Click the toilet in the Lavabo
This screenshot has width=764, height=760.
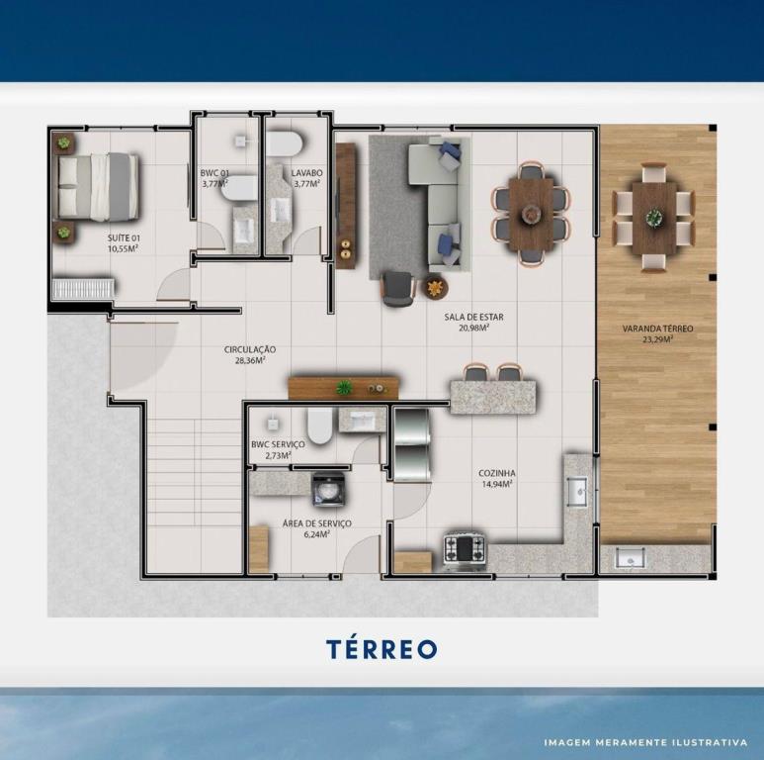pyautogui.click(x=286, y=142)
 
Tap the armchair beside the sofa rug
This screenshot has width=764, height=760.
pyautogui.click(x=398, y=288)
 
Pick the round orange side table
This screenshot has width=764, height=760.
pyautogui.click(x=435, y=288)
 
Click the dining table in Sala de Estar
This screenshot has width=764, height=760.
pyautogui.click(x=531, y=214)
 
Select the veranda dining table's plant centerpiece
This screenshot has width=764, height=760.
pyautogui.click(x=654, y=217)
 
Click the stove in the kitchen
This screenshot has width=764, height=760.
pyautogui.click(x=464, y=550)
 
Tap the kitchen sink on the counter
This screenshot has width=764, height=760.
pyautogui.click(x=577, y=492)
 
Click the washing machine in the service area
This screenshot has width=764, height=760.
pyautogui.click(x=329, y=490)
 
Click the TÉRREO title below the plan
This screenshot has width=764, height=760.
pyautogui.click(x=382, y=649)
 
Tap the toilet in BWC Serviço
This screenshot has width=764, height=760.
pyautogui.click(x=320, y=426)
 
